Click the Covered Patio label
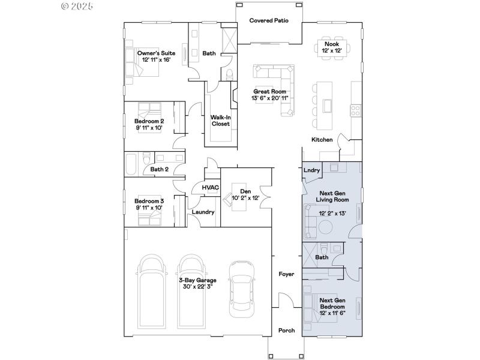[269, 20]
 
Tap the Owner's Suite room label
[155, 53]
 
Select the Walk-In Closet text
[220, 121]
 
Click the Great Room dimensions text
[269, 98]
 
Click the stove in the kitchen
[356, 110]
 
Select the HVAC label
[210, 188]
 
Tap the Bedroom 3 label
[149, 201]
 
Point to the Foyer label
[286, 274]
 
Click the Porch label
[286, 331]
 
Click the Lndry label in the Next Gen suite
[312, 170]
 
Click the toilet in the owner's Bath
[230, 74]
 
